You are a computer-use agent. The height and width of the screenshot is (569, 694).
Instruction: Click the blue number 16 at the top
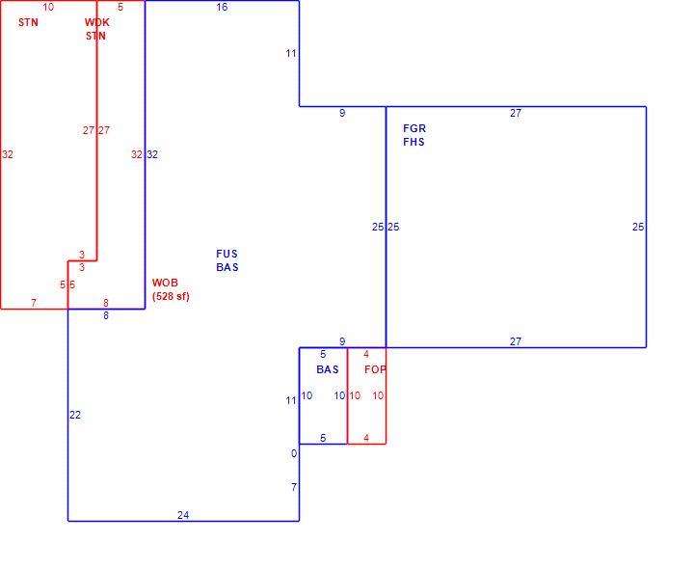coord(222,7)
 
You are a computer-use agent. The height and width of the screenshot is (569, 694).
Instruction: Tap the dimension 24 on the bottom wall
coord(183,515)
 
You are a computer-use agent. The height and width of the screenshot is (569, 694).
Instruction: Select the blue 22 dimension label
coord(75,415)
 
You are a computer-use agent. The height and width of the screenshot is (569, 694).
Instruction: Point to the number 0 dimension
coord(294,453)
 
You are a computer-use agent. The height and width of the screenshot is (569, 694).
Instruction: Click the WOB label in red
coord(165,283)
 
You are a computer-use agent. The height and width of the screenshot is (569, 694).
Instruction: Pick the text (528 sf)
coord(171,296)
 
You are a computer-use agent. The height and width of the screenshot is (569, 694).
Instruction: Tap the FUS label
coord(227,254)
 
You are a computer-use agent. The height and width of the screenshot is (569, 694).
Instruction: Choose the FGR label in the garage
coord(414,128)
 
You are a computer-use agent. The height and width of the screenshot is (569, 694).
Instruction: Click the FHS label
coord(414,142)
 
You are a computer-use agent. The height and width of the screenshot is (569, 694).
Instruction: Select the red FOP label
coord(375,369)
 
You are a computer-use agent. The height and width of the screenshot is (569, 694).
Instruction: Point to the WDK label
coord(97,22)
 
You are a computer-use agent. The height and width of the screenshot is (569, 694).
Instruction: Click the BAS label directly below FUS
coord(227,267)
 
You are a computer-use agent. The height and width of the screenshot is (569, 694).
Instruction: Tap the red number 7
coord(34,303)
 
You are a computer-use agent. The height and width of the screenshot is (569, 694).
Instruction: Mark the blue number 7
coord(294,487)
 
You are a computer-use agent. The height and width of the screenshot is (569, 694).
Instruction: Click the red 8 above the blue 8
coord(106,303)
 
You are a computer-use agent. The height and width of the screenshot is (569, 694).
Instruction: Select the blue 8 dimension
coord(106,315)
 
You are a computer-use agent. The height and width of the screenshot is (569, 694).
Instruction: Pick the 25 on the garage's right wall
coord(638,227)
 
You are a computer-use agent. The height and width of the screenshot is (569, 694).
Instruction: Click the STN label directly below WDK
coord(95,36)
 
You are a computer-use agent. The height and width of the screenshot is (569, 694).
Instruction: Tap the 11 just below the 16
coord(291,54)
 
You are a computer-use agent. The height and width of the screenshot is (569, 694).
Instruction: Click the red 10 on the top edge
coord(48,7)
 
